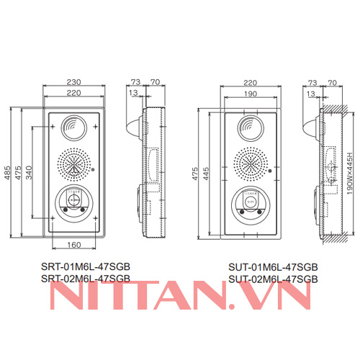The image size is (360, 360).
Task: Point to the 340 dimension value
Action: tap(29, 174)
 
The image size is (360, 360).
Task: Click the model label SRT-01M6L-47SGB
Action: tap(86, 266)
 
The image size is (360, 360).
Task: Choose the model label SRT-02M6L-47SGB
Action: tap(86, 277)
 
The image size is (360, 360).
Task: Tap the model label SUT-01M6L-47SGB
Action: tap(273, 266)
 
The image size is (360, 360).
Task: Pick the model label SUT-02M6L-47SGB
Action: tap(273, 277)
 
